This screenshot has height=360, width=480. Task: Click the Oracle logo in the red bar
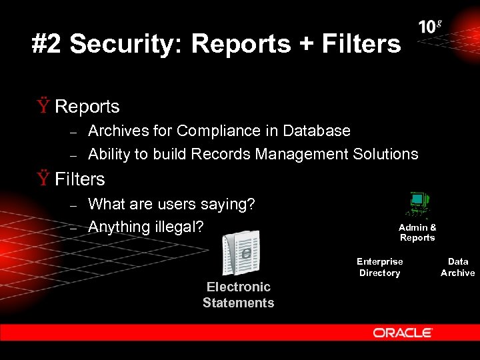click(x=403, y=333)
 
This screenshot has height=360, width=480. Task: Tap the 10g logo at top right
click(x=430, y=27)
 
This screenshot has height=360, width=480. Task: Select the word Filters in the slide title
click(x=361, y=44)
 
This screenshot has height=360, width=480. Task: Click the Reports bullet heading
click(x=87, y=107)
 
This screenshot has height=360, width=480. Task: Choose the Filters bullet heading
click(x=80, y=179)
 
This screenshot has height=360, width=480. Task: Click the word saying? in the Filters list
click(x=229, y=204)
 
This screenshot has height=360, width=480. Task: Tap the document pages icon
click(x=241, y=253)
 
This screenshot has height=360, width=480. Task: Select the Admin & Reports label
click(x=417, y=233)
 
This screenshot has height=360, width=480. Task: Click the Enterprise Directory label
click(x=379, y=267)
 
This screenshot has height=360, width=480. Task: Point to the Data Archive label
click(x=457, y=267)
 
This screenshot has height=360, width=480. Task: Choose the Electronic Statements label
click(x=238, y=295)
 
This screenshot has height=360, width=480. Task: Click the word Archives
click(x=117, y=131)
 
